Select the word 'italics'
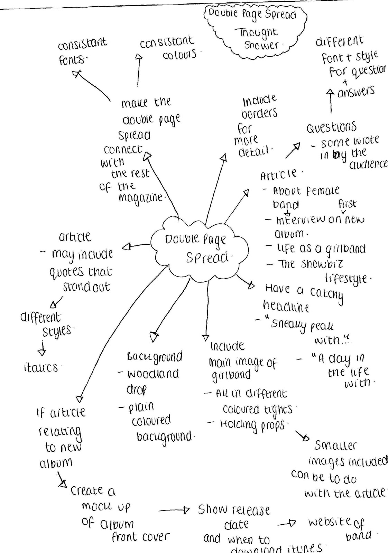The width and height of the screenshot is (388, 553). [41, 367]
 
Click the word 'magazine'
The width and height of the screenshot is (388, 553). [140, 198]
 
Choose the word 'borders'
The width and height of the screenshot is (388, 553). [259, 113]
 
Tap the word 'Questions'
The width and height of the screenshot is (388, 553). [331, 128]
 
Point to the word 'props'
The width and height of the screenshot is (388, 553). [272, 425]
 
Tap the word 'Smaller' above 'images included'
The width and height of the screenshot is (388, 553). [335, 446]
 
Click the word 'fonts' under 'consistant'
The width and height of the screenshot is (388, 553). [71, 60]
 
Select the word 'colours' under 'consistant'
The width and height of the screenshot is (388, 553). [179, 55]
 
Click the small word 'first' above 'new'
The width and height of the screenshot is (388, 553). [347, 204]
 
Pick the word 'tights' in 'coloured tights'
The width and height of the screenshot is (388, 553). [278, 409]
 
